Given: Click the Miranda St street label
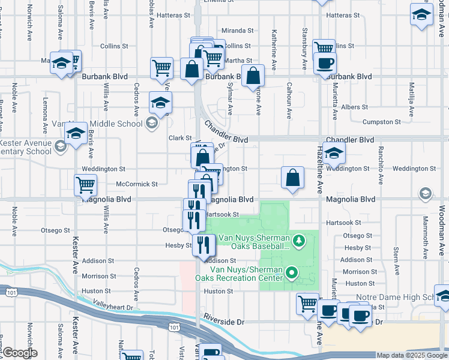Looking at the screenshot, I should point(238,31).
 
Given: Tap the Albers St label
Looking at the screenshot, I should point(354,107).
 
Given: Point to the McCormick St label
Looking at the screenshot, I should point(137,184).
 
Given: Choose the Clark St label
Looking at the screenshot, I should point(179,138).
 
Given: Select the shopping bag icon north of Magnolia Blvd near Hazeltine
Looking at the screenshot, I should point(292,178).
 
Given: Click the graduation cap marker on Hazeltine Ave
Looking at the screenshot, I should point(334,155).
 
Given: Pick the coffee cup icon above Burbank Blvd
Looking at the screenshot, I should point(325,63).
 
